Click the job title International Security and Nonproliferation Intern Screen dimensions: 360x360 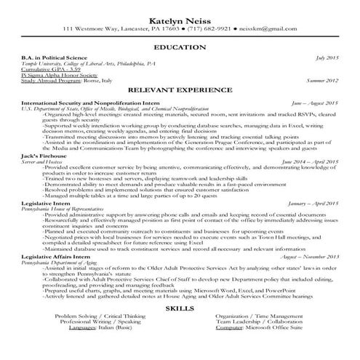95,103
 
